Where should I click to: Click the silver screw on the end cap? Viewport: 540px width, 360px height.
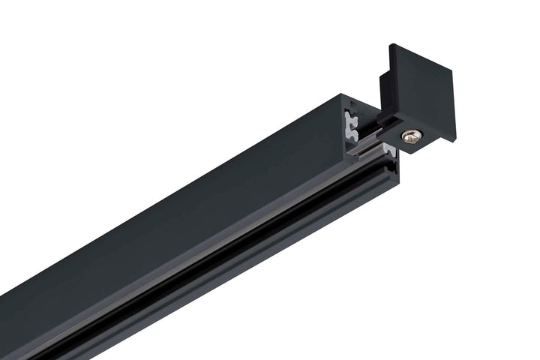click(x=411, y=136)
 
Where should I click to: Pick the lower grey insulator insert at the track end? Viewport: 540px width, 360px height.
click(x=389, y=153)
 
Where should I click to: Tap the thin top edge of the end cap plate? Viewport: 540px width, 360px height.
click(x=424, y=57)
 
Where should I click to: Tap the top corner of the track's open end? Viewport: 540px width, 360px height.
click(x=342, y=95)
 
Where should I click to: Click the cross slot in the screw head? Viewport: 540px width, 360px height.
click(x=411, y=136)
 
